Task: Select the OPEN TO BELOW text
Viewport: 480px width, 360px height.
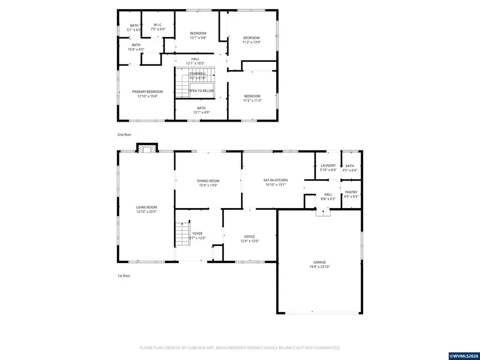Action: tap(201, 91)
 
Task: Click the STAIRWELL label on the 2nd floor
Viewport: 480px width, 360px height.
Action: tap(197, 74)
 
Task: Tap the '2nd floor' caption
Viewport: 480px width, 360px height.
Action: tap(124, 135)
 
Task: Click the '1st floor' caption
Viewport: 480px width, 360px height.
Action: tap(124, 276)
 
